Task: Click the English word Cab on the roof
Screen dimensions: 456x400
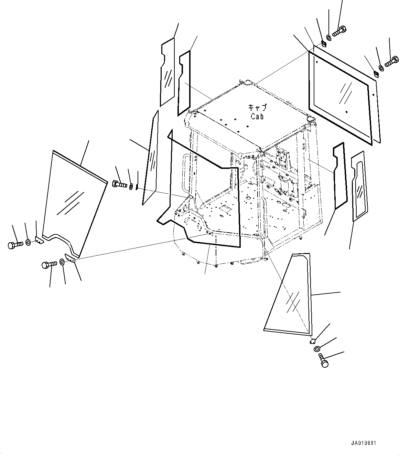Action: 257,116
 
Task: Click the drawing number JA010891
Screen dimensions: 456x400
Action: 364,443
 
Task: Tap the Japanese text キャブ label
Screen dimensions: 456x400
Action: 257,108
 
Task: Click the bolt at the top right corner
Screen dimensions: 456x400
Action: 339,32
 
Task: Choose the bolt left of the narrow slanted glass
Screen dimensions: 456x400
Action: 120,184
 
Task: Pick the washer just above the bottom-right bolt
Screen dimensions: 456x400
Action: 316,349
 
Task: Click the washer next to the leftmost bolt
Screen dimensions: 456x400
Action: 28,243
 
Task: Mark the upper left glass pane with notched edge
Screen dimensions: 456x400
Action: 167,72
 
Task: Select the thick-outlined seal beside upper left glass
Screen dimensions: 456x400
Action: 184,83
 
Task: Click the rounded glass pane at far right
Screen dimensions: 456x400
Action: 359,186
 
